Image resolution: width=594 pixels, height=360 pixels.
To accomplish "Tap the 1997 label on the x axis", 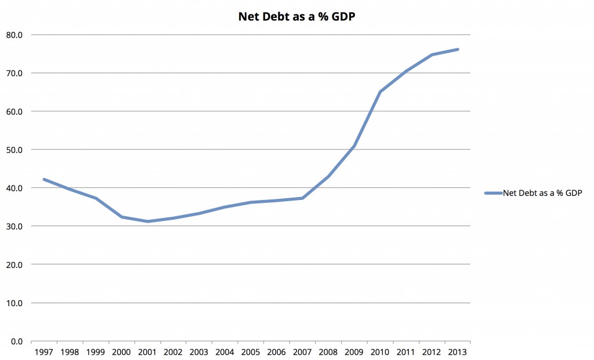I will coord(44,351).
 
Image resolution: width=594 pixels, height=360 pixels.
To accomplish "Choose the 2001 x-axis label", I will coord(147,351).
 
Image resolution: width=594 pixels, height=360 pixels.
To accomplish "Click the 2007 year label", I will coord(302,351).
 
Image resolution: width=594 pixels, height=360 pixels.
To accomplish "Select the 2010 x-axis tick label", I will coord(380,351).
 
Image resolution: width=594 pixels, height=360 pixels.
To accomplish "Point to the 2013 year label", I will coord(458,351).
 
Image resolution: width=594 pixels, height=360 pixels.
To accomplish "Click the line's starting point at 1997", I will coord(44,180).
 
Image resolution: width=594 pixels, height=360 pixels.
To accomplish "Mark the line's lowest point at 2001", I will coord(147,221).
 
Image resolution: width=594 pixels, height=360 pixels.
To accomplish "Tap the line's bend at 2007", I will coord(302,198).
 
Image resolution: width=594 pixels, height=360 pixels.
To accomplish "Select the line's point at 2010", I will coord(380,92).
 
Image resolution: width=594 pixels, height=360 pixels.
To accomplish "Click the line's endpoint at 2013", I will coord(458,49).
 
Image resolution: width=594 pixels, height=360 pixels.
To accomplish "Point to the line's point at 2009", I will coord(354,146).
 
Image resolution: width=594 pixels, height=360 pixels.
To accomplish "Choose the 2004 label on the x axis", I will coord(225,351).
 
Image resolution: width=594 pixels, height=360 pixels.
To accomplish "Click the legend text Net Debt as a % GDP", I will coord(542,193).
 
